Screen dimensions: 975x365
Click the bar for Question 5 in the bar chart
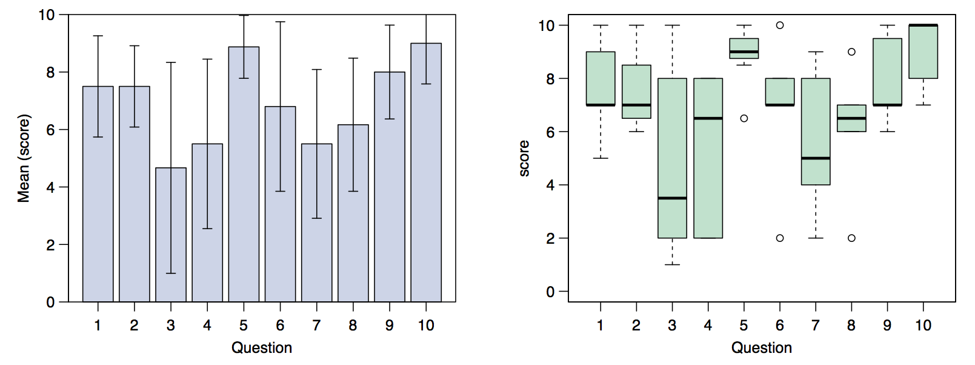pyautogui.click(x=244, y=174)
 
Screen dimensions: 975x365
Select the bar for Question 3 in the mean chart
pyautogui.click(x=171, y=235)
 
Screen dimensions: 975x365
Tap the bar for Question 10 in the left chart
pyautogui.click(x=426, y=172)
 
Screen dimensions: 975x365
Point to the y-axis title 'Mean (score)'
pyautogui.click(x=24, y=158)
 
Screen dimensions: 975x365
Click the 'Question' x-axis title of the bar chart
pyautogui.click(x=262, y=347)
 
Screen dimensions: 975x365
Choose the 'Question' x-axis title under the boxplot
pyautogui.click(x=762, y=347)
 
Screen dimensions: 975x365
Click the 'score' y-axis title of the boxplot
pyautogui.click(x=524, y=158)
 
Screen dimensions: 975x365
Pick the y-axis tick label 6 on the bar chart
pyautogui.click(x=50, y=130)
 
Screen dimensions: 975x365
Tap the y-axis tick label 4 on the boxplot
pyautogui.click(x=551, y=185)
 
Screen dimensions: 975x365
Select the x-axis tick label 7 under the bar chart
pyautogui.click(x=316, y=326)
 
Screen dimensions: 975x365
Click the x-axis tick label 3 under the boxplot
pyautogui.click(x=673, y=326)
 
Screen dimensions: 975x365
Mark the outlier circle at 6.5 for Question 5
pyautogui.click(x=744, y=118)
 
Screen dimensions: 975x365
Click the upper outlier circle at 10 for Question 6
pyautogui.click(x=780, y=25)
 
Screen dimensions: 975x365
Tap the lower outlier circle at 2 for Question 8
pyautogui.click(x=852, y=238)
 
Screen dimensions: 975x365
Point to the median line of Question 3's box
pyautogui.click(x=673, y=198)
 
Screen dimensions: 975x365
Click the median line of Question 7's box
pyautogui.click(x=816, y=158)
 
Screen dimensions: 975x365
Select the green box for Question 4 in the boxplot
pyautogui.click(x=708, y=158)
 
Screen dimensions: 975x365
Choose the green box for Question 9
pyautogui.click(x=888, y=72)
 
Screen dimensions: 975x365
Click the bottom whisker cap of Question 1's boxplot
pyautogui.click(x=601, y=158)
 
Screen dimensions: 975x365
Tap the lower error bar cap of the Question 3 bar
pyautogui.click(x=171, y=273)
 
